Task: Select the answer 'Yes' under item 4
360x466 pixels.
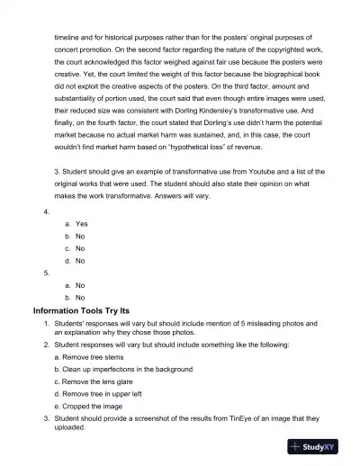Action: (81, 223)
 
